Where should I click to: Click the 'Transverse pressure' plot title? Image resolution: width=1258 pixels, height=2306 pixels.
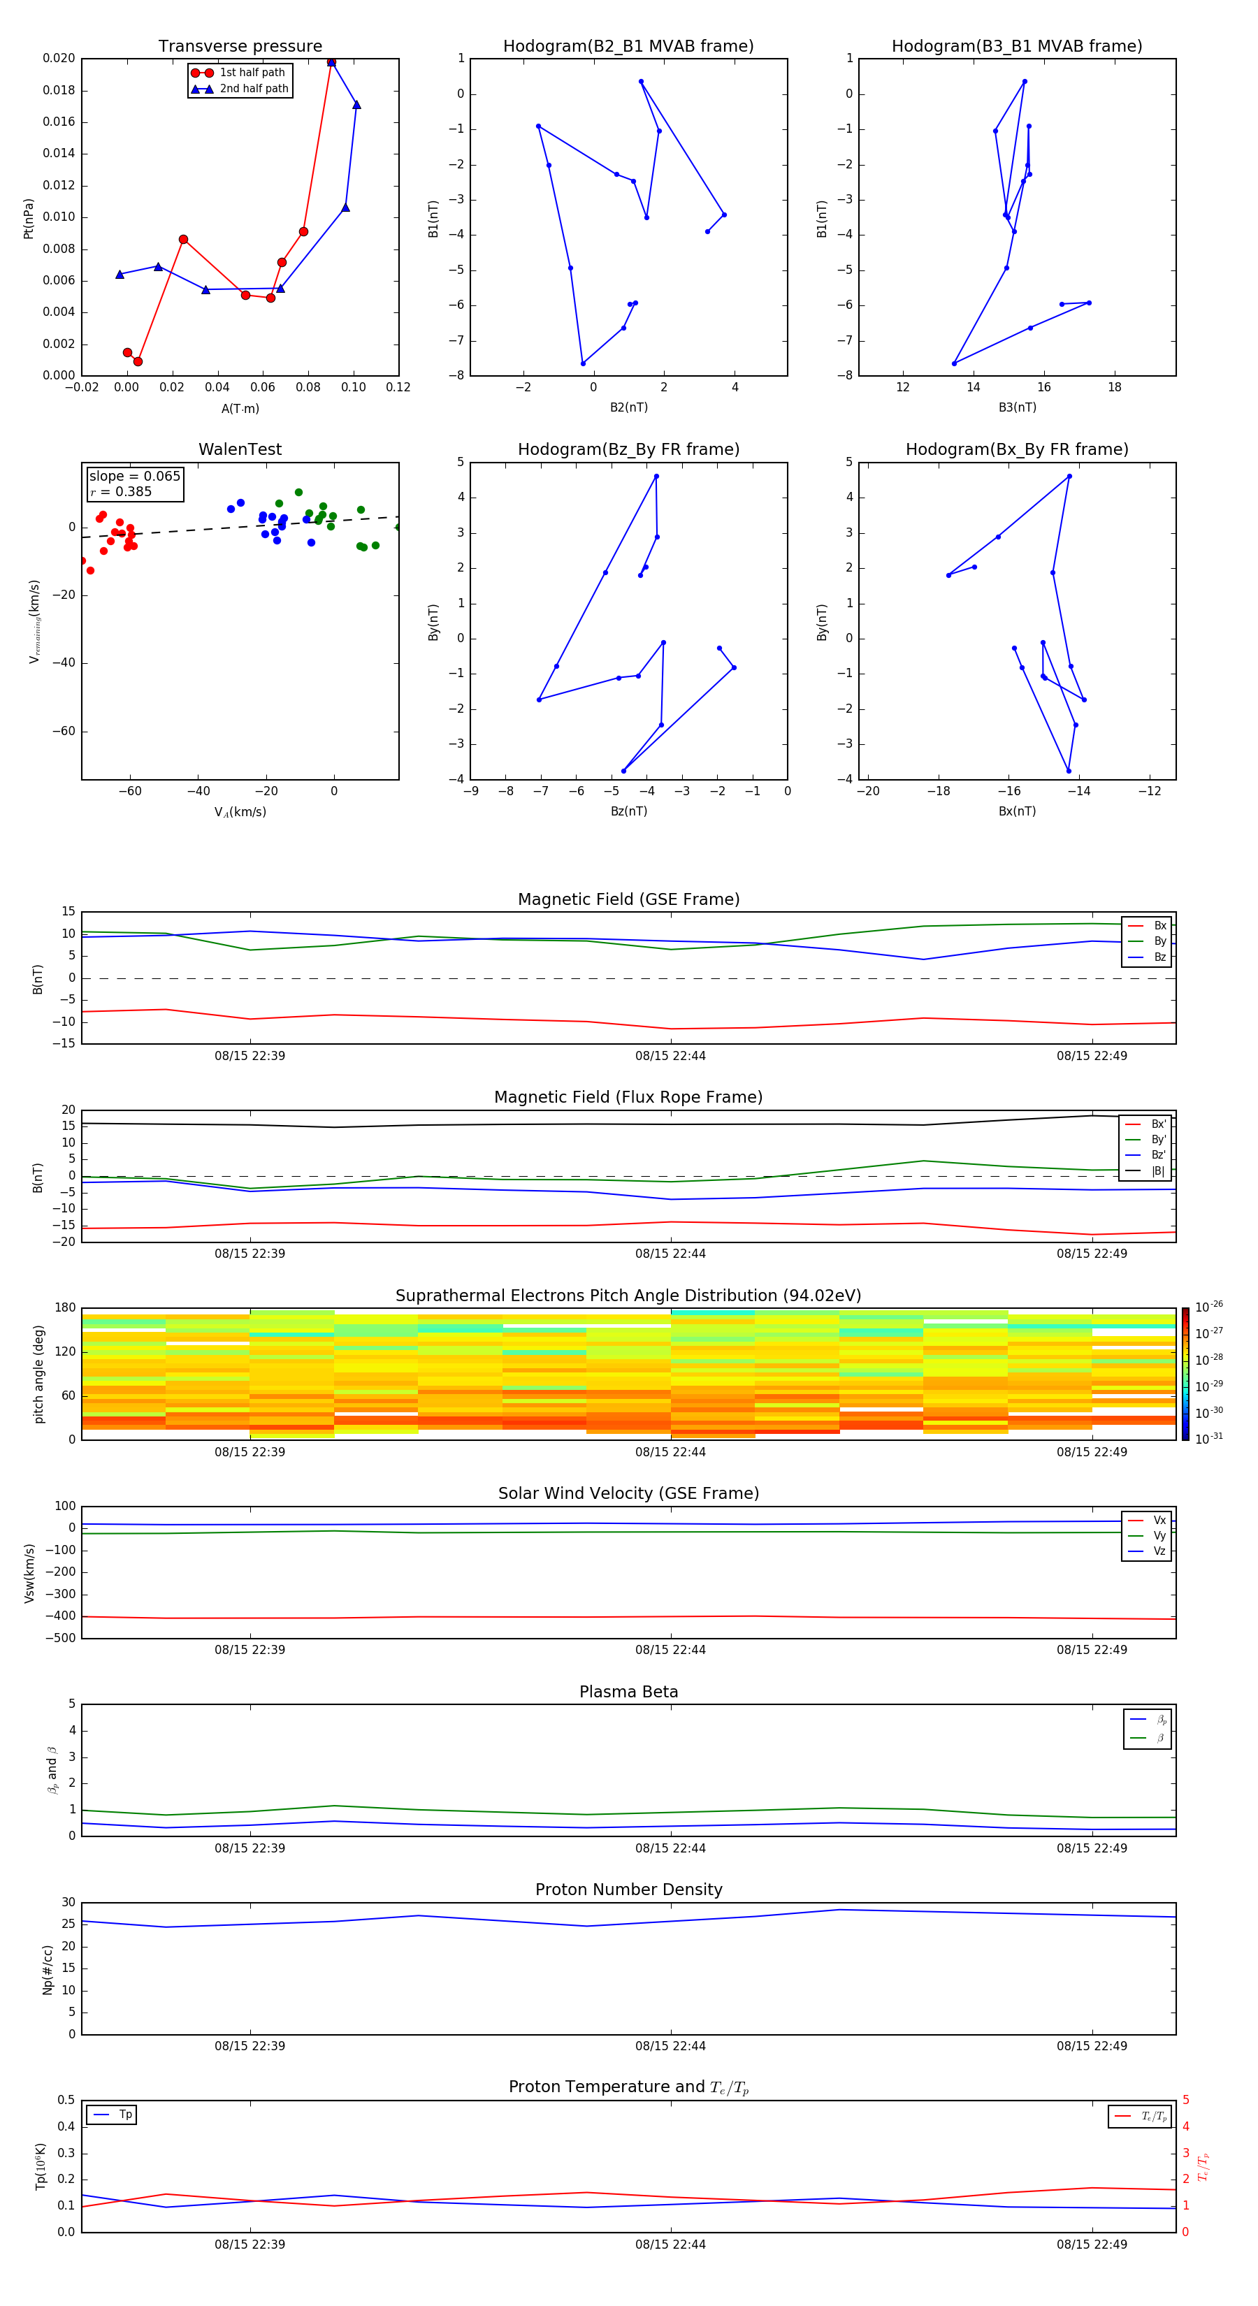[240, 47]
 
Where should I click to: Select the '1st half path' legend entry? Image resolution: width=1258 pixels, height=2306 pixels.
[252, 73]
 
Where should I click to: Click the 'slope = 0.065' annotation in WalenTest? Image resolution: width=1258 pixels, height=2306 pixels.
[134, 477]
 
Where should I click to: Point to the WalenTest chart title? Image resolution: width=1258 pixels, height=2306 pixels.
[240, 449]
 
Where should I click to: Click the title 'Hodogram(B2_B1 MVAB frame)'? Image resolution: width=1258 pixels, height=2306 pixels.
[628, 47]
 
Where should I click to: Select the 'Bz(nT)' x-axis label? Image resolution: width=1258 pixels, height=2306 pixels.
[628, 811]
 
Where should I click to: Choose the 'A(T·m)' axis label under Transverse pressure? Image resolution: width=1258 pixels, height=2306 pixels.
[240, 408]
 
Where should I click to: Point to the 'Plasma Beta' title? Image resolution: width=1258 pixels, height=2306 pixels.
[628, 1692]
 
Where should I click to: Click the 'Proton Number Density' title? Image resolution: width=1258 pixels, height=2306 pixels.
[628, 1890]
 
